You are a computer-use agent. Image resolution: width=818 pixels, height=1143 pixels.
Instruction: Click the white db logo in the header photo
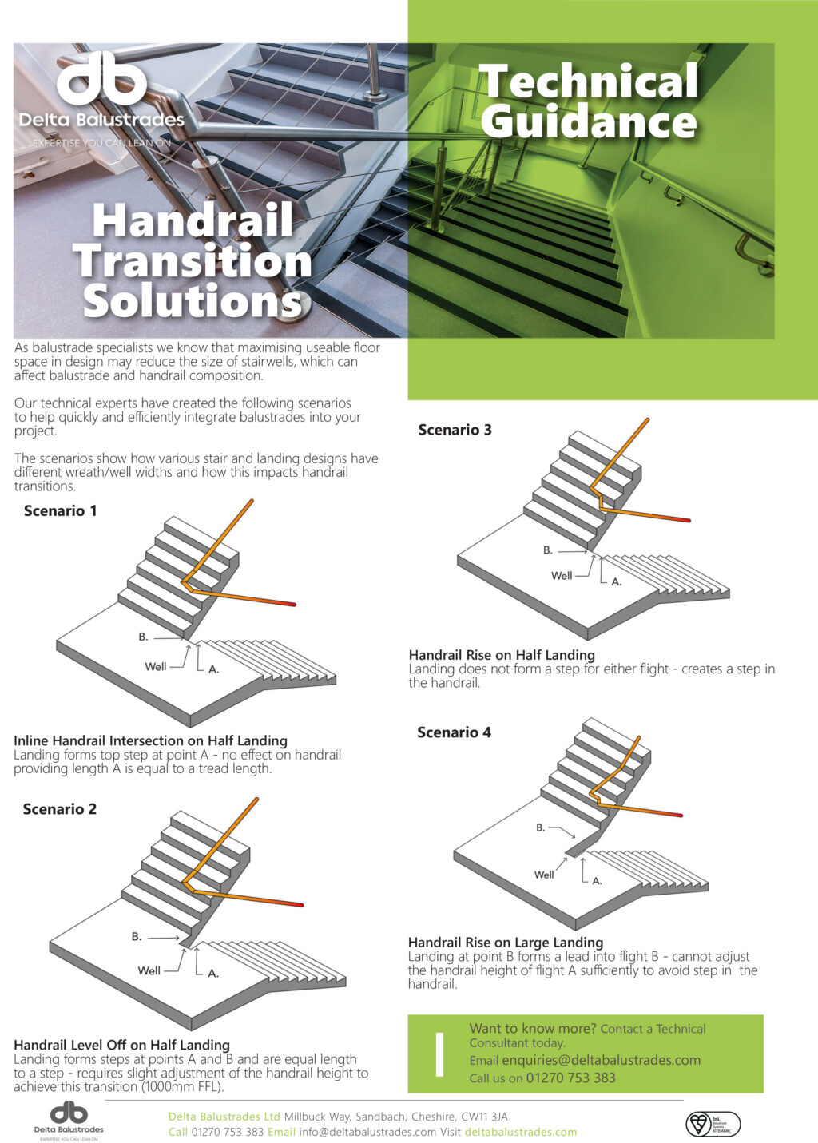pyautogui.click(x=101, y=79)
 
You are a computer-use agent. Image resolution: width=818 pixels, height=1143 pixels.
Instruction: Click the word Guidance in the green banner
pyautogui.click(x=589, y=122)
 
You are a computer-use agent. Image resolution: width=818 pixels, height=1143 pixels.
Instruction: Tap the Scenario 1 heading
pyautogui.click(x=61, y=511)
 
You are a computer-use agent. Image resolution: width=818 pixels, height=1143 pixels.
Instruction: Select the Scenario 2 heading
pyautogui.click(x=60, y=809)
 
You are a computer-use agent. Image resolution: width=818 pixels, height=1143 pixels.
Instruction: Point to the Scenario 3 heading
pyautogui.click(x=455, y=430)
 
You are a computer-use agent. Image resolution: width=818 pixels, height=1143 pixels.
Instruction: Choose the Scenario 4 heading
pyautogui.click(x=454, y=732)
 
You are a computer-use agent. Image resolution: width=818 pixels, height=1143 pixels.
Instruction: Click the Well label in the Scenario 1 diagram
pyautogui.click(x=156, y=666)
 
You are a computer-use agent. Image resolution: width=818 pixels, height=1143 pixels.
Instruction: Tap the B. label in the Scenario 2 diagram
pyautogui.click(x=137, y=936)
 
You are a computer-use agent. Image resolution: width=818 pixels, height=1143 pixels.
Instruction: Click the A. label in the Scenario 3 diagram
pyautogui.click(x=616, y=581)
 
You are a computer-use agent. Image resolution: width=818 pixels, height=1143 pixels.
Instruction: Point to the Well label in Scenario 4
pyautogui.click(x=544, y=875)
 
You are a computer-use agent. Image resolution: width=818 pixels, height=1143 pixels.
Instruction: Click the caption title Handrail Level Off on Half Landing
pyautogui.click(x=121, y=1045)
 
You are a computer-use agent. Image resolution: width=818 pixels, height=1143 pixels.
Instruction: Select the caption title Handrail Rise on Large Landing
pyautogui.click(x=505, y=943)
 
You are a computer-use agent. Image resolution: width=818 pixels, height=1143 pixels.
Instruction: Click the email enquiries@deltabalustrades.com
pyautogui.click(x=601, y=1060)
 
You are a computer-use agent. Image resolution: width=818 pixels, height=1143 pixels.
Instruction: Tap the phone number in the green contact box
pyautogui.click(x=570, y=1078)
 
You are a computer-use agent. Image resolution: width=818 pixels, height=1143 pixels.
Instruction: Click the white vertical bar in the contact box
pyautogui.click(x=439, y=1054)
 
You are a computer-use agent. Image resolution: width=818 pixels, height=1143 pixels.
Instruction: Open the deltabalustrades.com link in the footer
pyautogui.click(x=520, y=1132)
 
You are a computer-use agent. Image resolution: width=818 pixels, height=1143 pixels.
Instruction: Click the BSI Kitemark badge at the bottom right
pyautogui.click(x=713, y=1124)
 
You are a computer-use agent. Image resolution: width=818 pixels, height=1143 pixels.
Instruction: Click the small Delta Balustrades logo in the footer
pyautogui.click(x=69, y=1120)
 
